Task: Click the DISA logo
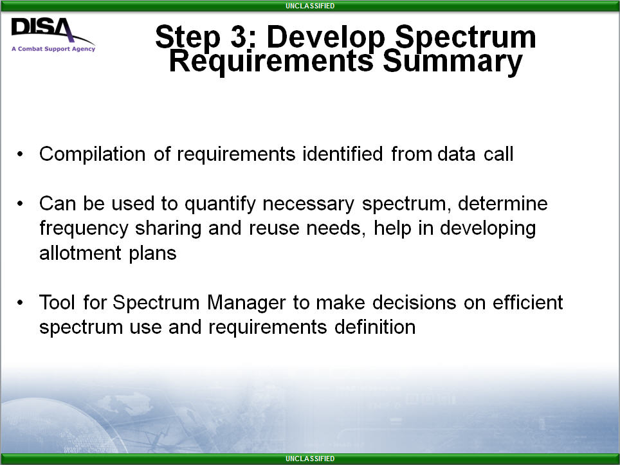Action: (53, 34)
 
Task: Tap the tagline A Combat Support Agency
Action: (53, 49)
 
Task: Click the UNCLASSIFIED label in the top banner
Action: (310, 6)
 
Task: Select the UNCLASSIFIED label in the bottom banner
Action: (310, 459)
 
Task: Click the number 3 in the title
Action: (239, 37)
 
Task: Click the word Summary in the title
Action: (453, 62)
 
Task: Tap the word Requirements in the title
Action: (271, 62)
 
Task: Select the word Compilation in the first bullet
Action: (93, 154)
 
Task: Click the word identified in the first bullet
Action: (342, 154)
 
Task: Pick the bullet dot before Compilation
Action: (20, 154)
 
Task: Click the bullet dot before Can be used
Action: (20, 204)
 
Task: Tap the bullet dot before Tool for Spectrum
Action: (20, 302)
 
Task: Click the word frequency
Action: (84, 229)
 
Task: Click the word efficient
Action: (527, 302)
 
